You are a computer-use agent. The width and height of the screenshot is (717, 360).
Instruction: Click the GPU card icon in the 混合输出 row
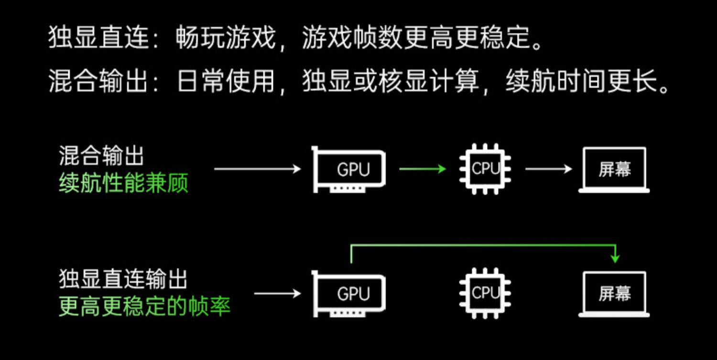pyautogui.click(x=349, y=169)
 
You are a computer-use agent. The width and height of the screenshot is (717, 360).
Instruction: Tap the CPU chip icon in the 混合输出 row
pyautogui.click(x=485, y=169)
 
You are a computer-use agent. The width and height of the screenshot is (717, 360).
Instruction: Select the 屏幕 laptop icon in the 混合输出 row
pyautogui.click(x=614, y=170)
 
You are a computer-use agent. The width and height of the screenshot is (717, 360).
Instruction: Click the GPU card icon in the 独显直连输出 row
pyautogui.click(x=349, y=293)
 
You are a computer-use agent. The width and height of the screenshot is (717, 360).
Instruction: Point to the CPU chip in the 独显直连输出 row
pyautogui.click(x=485, y=293)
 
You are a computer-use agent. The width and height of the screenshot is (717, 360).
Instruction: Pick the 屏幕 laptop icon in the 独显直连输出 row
pyautogui.click(x=614, y=294)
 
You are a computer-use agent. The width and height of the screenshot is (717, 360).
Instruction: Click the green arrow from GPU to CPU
pyautogui.click(x=422, y=169)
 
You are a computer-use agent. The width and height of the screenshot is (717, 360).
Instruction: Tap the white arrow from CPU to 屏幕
pyautogui.click(x=548, y=169)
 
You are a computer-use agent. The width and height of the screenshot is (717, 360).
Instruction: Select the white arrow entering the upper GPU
pyautogui.click(x=257, y=169)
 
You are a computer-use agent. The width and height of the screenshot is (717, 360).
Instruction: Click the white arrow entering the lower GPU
pyautogui.click(x=277, y=293)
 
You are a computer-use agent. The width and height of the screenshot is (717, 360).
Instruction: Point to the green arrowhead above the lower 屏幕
pyautogui.click(x=615, y=258)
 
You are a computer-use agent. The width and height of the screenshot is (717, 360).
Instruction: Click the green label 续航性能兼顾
pyautogui.click(x=123, y=183)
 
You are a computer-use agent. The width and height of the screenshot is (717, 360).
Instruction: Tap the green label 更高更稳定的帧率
pyautogui.click(x=144, y=306)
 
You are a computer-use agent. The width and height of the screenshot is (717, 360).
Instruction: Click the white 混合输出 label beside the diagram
pyautogui.click(x=101, y=156)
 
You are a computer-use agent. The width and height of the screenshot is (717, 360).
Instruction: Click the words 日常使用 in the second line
pyautogui.click(x=226, y=82)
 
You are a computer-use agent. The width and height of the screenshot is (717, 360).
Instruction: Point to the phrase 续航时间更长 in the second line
pyautogui.click(x=580, y=82)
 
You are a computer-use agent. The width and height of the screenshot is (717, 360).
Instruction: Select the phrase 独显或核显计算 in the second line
pyautogui.click(x=391, y=82)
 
